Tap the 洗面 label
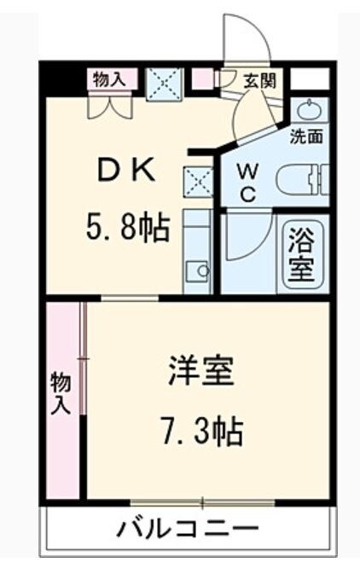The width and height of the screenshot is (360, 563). [x=305, y=136]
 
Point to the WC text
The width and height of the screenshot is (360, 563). [x=247, y=180]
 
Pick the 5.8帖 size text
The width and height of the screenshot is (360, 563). [x=126, y=229]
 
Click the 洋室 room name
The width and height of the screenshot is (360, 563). [x=200, y=374]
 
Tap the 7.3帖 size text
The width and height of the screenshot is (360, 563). [x=200, y=431]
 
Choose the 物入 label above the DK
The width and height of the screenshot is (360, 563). [x=109, y=79]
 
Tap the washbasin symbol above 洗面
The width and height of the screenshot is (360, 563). [x=306, y=110]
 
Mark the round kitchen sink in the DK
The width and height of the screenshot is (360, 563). [x=201, y=271]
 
